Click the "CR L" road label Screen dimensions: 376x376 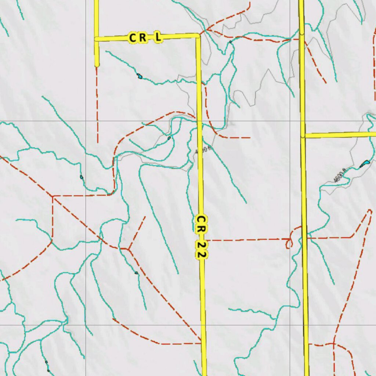pos(145,37)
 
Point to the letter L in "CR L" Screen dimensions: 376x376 pos(158,37)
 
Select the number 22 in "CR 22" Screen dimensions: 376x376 pos(201,250)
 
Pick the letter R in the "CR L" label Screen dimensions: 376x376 pos(143,37)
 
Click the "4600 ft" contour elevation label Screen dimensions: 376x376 pos(340,175)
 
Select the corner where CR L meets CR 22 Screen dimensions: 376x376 pos(198,36)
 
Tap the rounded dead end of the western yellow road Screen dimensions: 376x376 pos(97,65)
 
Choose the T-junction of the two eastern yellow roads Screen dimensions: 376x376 pos(303,136)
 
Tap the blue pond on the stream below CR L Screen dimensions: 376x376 pos(140,76)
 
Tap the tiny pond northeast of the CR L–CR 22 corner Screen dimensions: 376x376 pos(230,42)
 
